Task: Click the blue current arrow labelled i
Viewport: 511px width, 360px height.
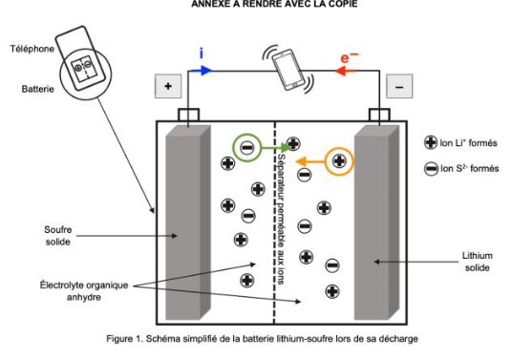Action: coord(202,71)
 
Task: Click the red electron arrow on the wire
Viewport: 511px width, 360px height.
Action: coord(345,71)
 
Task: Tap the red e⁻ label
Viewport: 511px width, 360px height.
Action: coord(350,57)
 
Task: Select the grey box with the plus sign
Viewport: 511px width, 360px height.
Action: coord(168,86)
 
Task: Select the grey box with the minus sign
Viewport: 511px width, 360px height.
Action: coord(399,87)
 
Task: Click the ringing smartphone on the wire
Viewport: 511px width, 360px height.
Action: coord(288,70)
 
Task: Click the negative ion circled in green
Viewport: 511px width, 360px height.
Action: coord(247,148)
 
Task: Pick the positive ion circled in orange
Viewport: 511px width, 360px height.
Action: coord(339,161)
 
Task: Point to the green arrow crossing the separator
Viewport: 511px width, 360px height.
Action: coord(276,148)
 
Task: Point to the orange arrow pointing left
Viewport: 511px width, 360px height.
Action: coord(310,161)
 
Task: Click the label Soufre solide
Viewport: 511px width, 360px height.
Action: coord(57,236)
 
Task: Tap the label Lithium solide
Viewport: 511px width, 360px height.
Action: coord(478,262)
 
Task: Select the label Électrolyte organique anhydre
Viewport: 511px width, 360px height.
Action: coord(84,291)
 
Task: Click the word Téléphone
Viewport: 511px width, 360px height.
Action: coord(32,49)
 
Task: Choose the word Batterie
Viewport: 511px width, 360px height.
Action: coord(38,89)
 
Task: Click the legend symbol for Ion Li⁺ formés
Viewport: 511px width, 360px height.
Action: coord(431,142)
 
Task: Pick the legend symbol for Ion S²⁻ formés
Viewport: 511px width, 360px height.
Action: coord(431,169)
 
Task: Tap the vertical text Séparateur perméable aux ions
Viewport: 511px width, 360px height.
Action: coord(281,219)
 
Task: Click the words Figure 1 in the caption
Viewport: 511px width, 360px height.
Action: coord(124,338)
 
